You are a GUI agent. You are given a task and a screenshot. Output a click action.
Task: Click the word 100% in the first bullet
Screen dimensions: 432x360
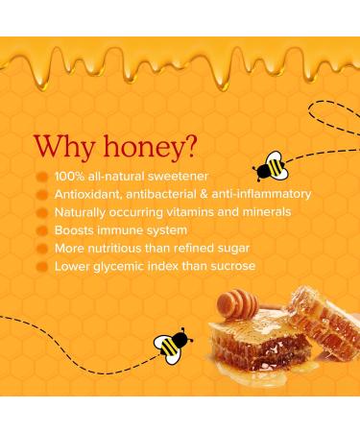pos(67,178)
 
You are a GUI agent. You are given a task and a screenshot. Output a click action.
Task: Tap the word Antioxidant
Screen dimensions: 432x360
pos(86,195)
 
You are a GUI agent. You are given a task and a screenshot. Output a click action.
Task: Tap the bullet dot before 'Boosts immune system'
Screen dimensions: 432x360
pos(41,230)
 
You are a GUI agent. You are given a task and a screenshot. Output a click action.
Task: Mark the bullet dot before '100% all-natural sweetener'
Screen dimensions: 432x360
pos(41,179)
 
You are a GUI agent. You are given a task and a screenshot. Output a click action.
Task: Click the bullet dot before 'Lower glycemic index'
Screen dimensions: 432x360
pos(41,265)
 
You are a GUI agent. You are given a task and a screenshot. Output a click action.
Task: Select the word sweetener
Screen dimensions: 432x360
pos(159,178)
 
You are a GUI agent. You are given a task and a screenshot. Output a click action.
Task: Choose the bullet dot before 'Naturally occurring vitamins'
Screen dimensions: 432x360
pos(41,213)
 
